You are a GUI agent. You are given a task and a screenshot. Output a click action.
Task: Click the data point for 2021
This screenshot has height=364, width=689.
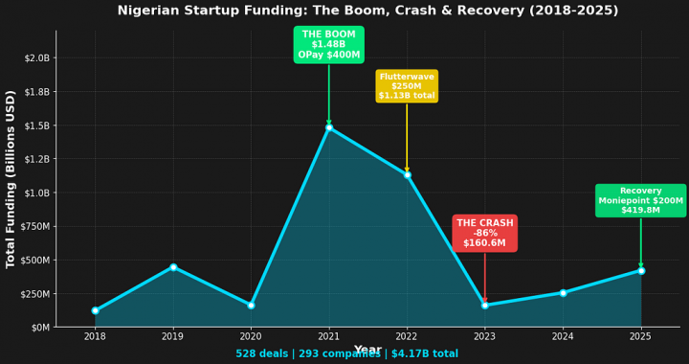coord(329,127)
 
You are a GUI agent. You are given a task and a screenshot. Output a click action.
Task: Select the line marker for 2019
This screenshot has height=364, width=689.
coord(173,267)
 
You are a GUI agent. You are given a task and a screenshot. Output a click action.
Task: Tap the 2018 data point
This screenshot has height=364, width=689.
coord(95,310)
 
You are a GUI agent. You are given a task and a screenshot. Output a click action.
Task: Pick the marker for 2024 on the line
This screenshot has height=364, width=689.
coord(563,293)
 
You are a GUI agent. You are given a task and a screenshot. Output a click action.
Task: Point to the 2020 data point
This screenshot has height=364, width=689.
coord(251,306)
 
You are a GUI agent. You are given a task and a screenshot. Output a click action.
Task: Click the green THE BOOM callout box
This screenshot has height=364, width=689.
coord(329,45)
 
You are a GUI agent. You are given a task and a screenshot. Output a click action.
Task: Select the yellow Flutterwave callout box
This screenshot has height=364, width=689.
coord(407,86)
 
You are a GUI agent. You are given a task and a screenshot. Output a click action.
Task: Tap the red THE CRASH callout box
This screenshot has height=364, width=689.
coord(484,234)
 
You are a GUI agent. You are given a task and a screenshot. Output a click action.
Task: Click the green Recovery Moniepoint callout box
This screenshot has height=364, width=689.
coord(640,201)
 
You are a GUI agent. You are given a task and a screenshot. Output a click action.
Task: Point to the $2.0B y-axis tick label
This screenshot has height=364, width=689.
coord(36,57)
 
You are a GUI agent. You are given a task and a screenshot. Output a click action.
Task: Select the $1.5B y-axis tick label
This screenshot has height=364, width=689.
coord(36,125)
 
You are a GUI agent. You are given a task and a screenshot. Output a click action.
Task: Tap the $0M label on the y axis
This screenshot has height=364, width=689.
coord(40,328)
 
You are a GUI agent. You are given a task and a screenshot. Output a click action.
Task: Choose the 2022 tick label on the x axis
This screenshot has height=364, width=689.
coord(407,336)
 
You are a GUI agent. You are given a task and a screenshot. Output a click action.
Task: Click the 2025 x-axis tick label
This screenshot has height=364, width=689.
coord(640,336)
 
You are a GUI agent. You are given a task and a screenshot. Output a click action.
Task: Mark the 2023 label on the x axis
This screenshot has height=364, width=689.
coord(484,336)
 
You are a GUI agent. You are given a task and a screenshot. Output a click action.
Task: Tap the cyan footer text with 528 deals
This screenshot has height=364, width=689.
coord(346,354)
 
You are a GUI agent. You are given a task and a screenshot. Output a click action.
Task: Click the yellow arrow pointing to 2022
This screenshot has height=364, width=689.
coord(407,139)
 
